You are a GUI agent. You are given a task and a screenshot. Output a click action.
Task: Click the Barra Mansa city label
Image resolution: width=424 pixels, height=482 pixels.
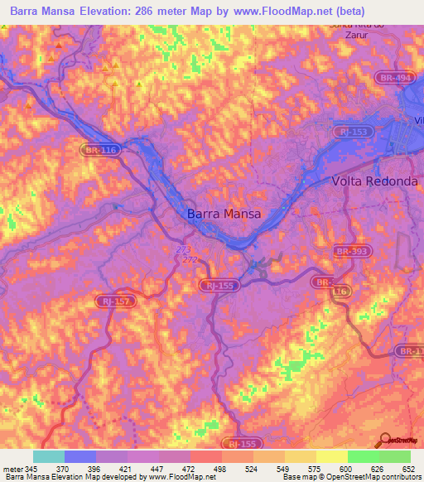point(224,213)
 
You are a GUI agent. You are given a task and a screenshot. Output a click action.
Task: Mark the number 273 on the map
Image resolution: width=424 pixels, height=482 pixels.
point(184,248)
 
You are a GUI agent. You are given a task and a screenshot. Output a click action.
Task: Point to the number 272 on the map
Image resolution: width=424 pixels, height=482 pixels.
point(190,259)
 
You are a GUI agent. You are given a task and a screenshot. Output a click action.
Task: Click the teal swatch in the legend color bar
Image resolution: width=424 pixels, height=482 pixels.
point(48,456)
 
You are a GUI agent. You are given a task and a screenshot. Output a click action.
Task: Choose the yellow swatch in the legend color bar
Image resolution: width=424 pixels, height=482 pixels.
point(331,456)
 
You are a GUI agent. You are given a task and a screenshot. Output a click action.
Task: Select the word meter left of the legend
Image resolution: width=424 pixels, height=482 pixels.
point(13,468)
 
